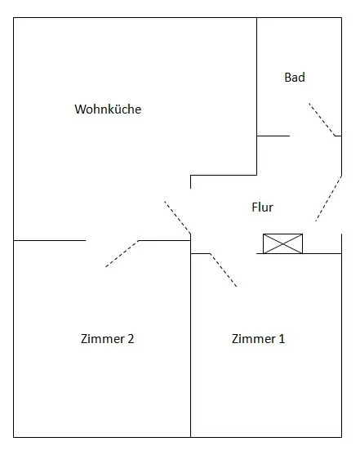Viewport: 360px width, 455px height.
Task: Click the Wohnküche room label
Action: click(108, 109)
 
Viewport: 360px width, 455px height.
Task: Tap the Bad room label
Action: click(295, 78)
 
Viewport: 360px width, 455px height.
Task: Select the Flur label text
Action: click(263, 207)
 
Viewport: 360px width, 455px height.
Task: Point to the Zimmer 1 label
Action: click(258, 339)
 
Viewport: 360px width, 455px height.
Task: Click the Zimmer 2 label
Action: click(107, 339)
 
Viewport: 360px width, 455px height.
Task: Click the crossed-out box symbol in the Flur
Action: click(282, 243)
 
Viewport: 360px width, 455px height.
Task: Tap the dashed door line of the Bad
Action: click(322, 119)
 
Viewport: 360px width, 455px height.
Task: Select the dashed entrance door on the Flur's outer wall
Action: click(328, 199)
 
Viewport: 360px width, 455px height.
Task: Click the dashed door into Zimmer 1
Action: click(224, 270)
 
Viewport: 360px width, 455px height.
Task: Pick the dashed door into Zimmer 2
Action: click(122, 253)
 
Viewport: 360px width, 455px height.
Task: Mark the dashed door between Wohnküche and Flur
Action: click(177, 217)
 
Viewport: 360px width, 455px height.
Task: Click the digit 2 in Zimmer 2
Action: click(131, 339)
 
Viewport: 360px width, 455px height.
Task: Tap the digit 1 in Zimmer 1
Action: click(282, 339)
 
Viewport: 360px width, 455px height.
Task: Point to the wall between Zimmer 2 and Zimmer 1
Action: click(190, 346)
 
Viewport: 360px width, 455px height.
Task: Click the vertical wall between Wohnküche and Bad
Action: click(256, 96)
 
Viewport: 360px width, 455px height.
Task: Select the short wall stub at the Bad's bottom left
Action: click(273, 136)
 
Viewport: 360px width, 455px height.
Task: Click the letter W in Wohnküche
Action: click(80, 109)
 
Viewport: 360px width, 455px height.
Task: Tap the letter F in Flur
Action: click(255, 207)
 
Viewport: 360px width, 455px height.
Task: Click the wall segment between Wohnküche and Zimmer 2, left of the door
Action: click(50, 240)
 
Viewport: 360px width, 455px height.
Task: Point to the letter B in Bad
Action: click(287, 78)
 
